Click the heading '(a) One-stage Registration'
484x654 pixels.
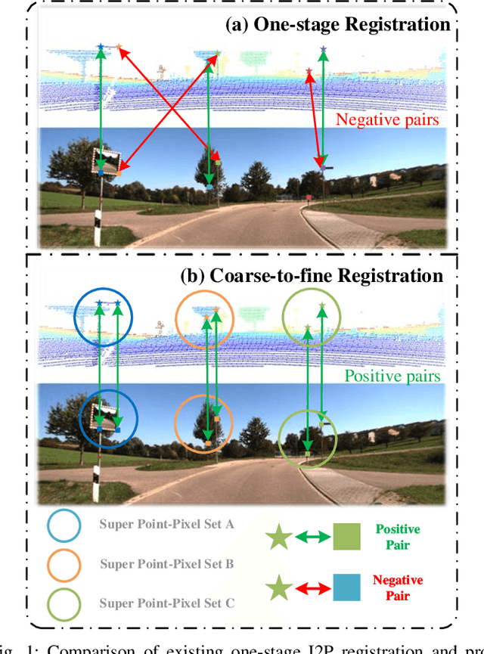[338, 24]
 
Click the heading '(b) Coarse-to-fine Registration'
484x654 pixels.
[312, 274]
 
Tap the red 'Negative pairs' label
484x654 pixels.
[386, 119]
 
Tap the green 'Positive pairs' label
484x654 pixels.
[392, 375]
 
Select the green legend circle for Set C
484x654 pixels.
[64, 602]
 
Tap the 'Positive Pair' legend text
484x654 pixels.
[397, 537]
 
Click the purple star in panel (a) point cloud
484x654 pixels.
[324, 50]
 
